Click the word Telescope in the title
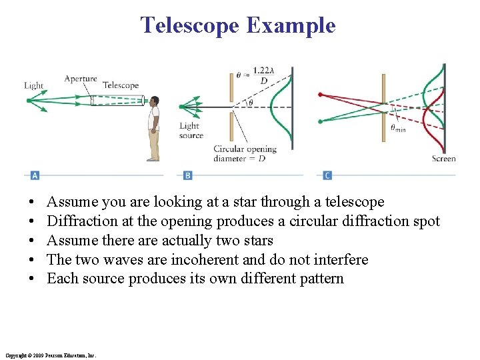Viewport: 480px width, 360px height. point(190,25)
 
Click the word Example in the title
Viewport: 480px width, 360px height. point(291,25)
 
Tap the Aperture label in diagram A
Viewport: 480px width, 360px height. point(80,79)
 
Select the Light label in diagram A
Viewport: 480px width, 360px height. point(33,85)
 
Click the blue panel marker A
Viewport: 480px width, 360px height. point(35,175)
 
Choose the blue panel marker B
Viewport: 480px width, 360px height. point(187,175)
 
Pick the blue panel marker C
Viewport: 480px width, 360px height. point(327,175)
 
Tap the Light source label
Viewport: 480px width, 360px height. point(191,130)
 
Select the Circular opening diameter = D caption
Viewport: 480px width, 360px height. point(245,153)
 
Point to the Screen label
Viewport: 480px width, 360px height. point(443,159)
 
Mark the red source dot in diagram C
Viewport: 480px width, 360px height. point(321,94)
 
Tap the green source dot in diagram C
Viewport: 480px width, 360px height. point(321,121)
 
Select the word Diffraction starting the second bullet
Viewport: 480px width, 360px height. point(79,221)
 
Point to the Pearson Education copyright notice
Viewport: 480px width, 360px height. point(50,355)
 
